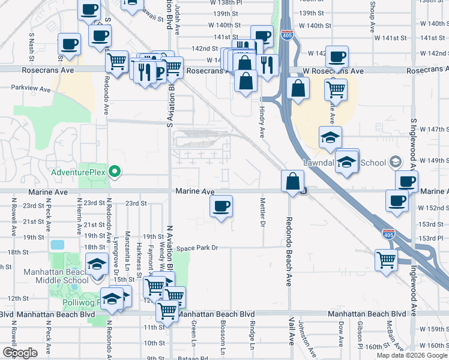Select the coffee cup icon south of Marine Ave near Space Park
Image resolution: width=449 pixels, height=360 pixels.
click(221, 207)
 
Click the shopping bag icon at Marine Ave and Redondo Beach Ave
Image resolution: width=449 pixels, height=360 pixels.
click(292, 182)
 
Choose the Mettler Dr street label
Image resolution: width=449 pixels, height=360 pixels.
click(262, 212)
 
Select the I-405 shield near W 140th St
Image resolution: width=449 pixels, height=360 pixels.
click(288, 37)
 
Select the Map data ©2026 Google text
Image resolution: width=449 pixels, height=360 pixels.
click(412, 355)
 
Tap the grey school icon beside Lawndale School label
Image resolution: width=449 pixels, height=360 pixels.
click(395, 161)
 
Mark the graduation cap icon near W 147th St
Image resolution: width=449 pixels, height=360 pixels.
click(330, 138)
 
